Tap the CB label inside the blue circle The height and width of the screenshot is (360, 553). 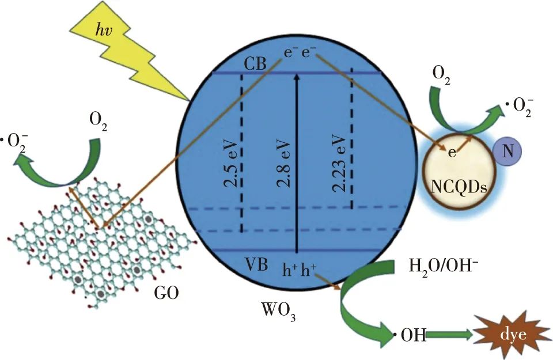pyautogui.click(x=255, y=64)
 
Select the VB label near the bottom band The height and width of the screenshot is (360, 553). pyautogui.click(x=256, y=264)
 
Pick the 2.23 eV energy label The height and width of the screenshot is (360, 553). pyautogui.click(x=339, y=163)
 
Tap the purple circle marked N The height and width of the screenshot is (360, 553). pyautogui.click(x=507, y=151)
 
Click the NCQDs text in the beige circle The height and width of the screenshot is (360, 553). pyautogui.click(x=459, y=187)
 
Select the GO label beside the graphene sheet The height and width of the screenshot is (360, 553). pyautogui.click(x=166, y=293)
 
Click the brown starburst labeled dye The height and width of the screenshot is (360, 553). pyautogui.click(x=513, y=335)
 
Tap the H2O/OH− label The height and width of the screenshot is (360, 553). pyautogui.click(x=444, y=266)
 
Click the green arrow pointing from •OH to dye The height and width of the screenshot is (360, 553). pyautogui.click(x=450, y=335)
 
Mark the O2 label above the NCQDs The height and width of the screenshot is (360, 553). pyautogui.click(x=441, y=75)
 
